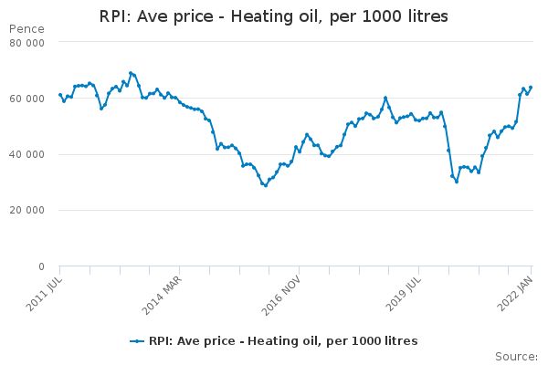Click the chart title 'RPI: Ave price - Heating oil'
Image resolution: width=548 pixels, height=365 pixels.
tap(273, 17)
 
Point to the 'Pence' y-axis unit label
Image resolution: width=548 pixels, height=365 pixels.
tap(26, 29)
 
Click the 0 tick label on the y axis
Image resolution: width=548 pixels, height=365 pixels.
tap(41, 267)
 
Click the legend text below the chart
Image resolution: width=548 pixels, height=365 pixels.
tap(283, 341)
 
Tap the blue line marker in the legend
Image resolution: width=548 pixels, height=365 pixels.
tap(137, 341)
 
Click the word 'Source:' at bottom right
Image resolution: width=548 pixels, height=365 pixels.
tap(516, 356)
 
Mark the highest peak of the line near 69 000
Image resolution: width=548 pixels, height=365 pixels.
tap(131, 73)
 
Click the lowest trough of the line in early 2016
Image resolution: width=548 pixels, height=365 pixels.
tap(265, 185)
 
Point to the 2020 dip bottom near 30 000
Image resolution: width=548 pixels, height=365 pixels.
tap(457, 182)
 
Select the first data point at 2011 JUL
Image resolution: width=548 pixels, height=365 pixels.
tap(60, 95)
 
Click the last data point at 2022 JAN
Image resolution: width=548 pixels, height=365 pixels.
tap(531, 88)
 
